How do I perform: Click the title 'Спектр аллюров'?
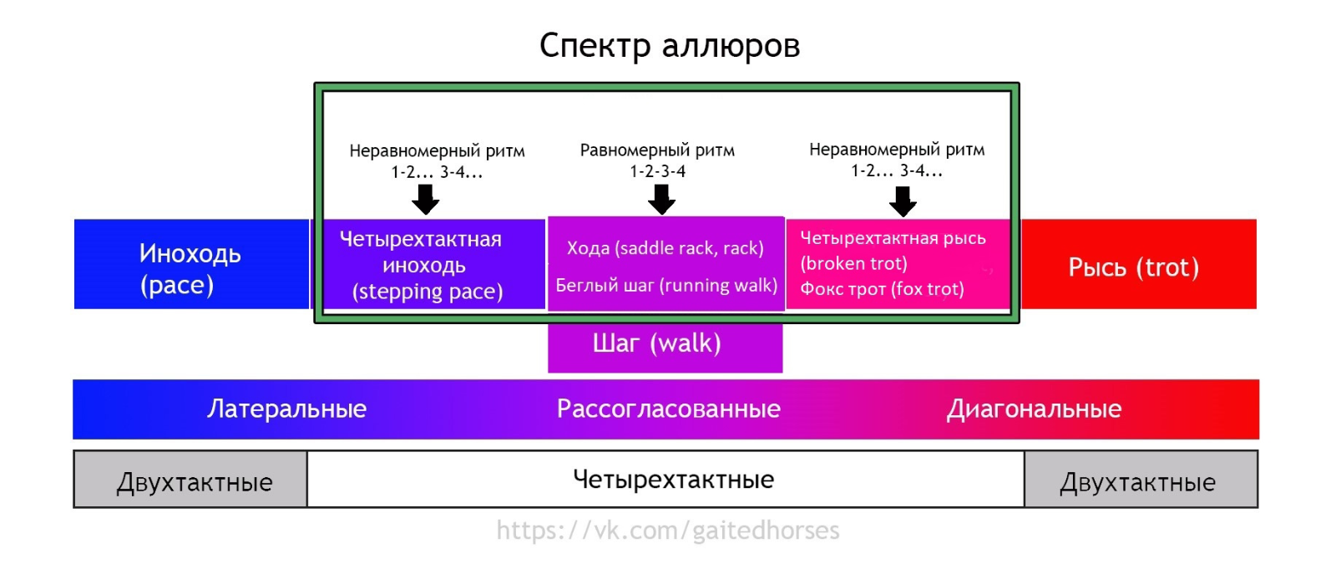(x=669, y=46)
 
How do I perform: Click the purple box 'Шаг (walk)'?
(x=657, y=343)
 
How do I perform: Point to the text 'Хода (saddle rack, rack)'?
(x=665, y=248)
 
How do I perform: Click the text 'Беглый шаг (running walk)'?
(x=666, y=286)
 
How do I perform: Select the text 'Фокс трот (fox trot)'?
(x=882, y=289)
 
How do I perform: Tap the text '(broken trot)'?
(x=853, y=264)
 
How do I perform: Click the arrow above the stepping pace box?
(x=426, y=200)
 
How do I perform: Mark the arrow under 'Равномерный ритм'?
(x=662, y=200)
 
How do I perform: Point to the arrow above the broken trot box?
(x=903, y=201)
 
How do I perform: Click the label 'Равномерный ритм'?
(x=657, y=151)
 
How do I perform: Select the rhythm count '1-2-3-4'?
(x=658, y=171)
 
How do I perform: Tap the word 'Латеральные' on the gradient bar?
(x=286, y=409)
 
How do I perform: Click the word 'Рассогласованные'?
(x=668, y=409)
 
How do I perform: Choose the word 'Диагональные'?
(x=1034, y=409)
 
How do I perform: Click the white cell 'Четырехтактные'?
(x=673, y=480)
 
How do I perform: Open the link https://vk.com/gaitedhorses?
(x=668, y=531)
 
